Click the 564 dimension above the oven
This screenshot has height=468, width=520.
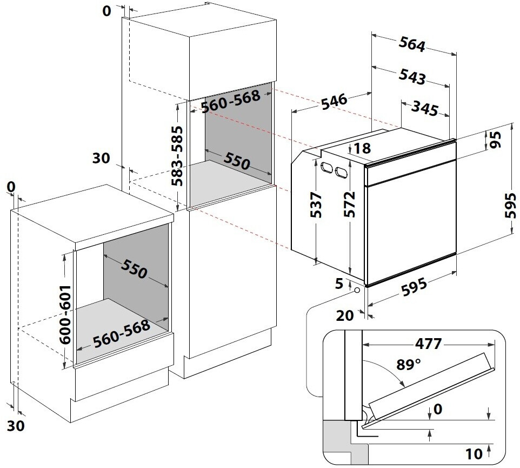coord(412,44)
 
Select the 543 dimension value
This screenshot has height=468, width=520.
coord(412,76)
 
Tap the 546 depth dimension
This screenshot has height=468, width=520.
coord(334,101)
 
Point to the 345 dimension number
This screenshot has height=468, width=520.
coord(425,108)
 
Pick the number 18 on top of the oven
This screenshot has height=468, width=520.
coord(363,148)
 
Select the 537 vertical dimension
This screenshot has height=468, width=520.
coord(316,205)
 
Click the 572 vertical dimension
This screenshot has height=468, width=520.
coord(349,204)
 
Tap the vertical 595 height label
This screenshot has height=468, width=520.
coord(510,206)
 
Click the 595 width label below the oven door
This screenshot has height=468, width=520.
coord(414,287)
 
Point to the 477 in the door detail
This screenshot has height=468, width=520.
coord(428,344)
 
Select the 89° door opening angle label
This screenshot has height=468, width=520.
coord(408,365)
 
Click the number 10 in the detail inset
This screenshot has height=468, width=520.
coord(474,454)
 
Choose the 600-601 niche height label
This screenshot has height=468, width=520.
coord(65,314)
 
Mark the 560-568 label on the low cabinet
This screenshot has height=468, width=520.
coord(122,333)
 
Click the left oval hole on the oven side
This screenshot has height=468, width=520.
coord(326,168)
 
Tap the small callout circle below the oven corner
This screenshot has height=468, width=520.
coord(357,290)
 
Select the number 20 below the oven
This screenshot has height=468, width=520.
coord(345,315)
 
